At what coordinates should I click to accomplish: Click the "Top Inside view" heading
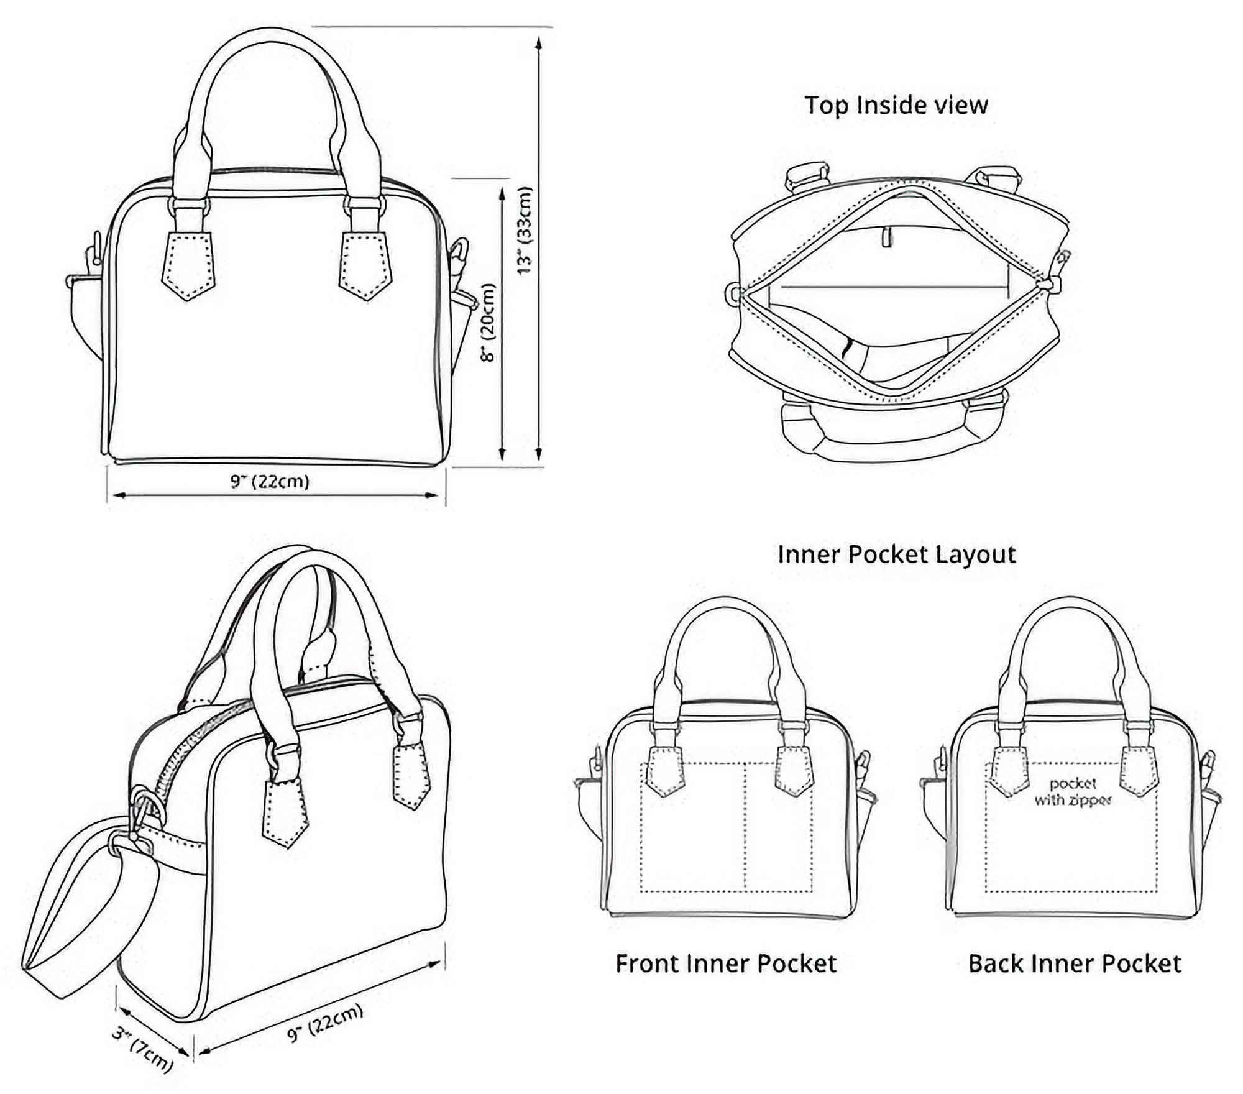(x=896, y=105)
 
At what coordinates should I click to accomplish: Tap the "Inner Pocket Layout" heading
(x=896, y=554)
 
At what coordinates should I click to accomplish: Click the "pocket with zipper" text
(x=1073, y=792)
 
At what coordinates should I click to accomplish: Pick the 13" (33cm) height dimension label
(x=525, y=230)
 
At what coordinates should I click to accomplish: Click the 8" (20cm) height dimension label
(x=489, y=323)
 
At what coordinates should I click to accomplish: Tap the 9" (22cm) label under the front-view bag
(x=270, y=481)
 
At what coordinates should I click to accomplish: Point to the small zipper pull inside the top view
(x=888, y=237)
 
